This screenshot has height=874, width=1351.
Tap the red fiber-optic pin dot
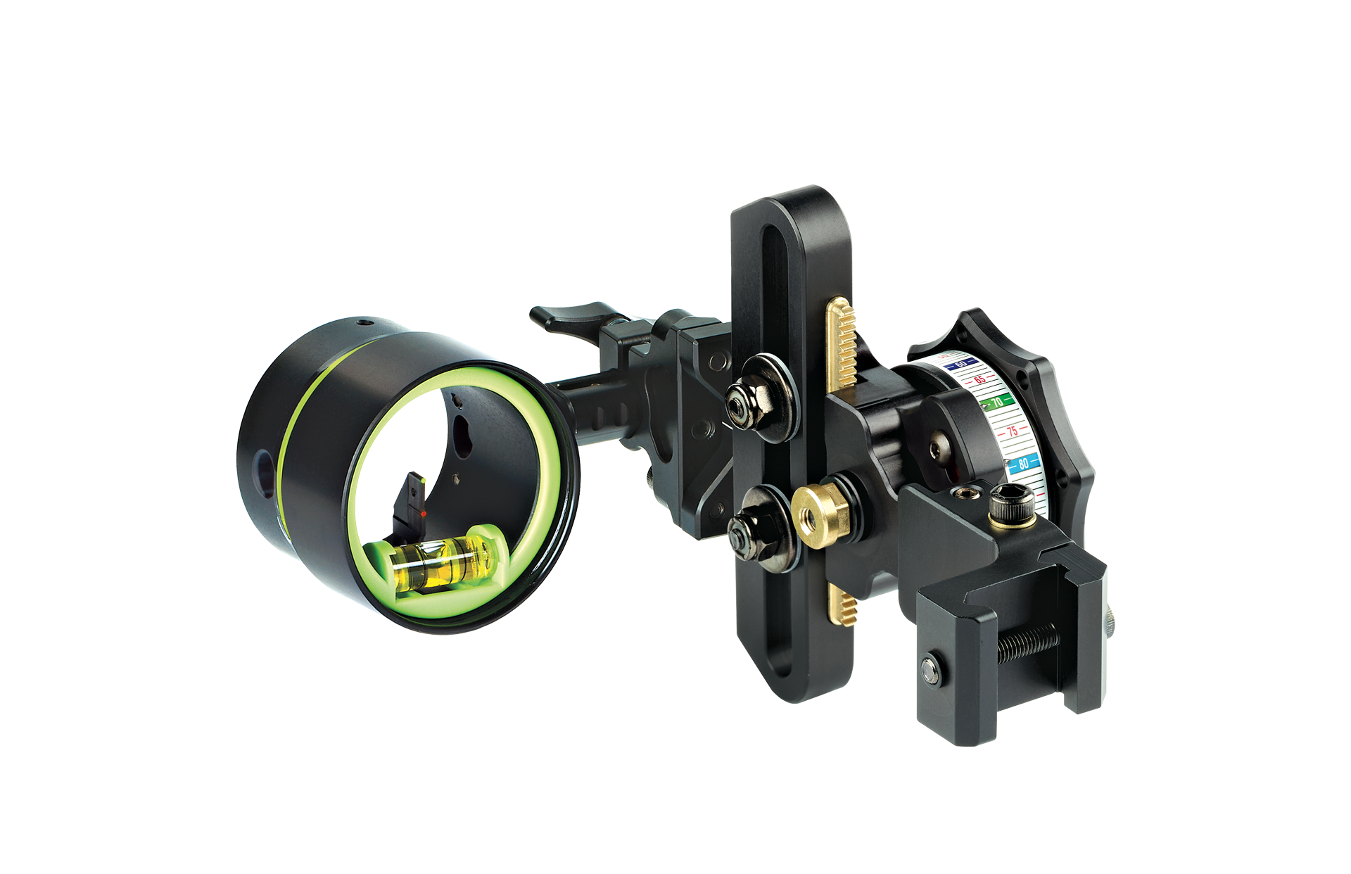coord(424,515)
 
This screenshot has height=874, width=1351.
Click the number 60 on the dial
coord(960,364)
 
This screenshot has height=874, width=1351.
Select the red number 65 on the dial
coord(979,379)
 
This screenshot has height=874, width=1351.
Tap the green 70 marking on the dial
coord(996,403)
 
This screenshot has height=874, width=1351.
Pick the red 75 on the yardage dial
coord(1012,431)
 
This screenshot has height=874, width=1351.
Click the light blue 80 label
coord(1023,463)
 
